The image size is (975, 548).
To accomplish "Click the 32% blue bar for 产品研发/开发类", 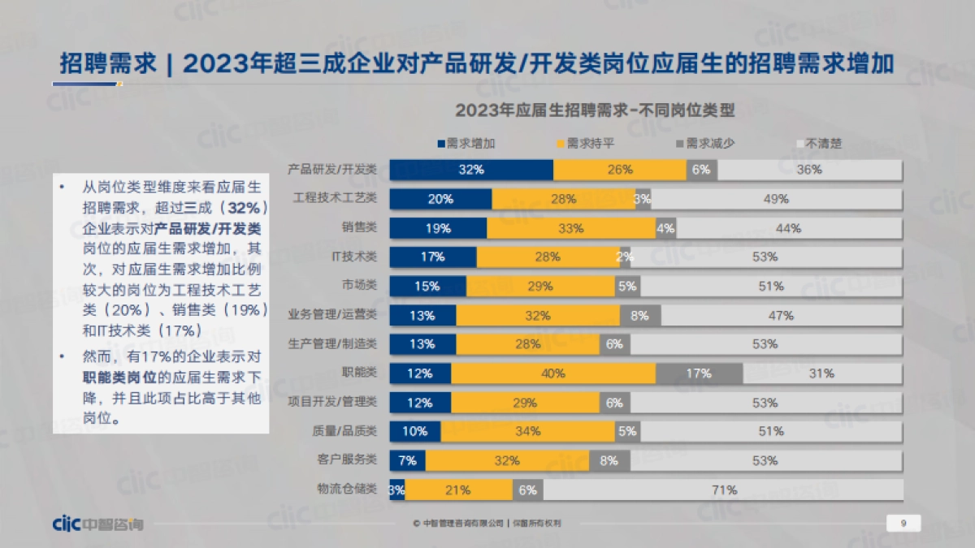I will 471,170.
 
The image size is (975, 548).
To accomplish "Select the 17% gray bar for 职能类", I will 699,373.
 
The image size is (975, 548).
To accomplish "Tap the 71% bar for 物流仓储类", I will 722,490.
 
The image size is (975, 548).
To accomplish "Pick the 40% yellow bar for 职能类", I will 553,373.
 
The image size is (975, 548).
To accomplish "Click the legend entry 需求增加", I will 466,144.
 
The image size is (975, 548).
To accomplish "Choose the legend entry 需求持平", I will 586,144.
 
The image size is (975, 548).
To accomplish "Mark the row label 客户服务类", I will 348,460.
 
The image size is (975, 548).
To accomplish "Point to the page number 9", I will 903,524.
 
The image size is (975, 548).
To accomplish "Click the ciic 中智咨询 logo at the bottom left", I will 97,524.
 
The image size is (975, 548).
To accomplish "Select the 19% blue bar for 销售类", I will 438,228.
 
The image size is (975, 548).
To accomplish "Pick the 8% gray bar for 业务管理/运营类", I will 640,315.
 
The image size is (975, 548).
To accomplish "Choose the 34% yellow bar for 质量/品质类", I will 527,431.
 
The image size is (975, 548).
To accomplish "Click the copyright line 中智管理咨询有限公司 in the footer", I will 463,524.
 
